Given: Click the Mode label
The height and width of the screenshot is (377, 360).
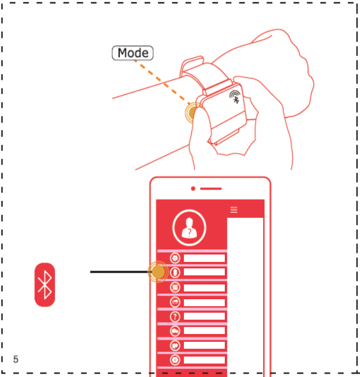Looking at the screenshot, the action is (133, 53).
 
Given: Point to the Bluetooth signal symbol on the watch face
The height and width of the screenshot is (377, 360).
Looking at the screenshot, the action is (235, 97).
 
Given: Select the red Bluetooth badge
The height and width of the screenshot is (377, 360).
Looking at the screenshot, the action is (45, 285).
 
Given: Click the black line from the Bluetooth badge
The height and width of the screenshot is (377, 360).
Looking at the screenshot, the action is (120, 272).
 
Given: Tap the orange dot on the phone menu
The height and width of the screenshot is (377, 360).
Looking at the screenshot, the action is (158, 272).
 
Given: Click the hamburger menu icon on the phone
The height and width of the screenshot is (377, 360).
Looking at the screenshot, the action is (234, 209).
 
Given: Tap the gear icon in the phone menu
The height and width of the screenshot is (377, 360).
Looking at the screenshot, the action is (175, 258).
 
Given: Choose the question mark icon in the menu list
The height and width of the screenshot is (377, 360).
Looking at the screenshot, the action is (175, 317).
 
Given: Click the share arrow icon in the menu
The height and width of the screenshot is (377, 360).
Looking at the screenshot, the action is (175, 302).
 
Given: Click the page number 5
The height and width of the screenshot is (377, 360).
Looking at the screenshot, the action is (16, 359).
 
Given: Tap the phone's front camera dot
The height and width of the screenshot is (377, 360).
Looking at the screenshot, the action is (193, 188).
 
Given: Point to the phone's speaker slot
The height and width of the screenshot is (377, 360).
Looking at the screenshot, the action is (211, 188).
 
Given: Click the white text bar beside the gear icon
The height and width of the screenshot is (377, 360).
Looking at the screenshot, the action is (204, 258).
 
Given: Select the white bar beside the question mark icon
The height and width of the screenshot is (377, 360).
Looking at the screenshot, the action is (204, 317).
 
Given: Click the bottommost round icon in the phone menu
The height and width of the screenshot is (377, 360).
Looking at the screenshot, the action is (175, 360).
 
